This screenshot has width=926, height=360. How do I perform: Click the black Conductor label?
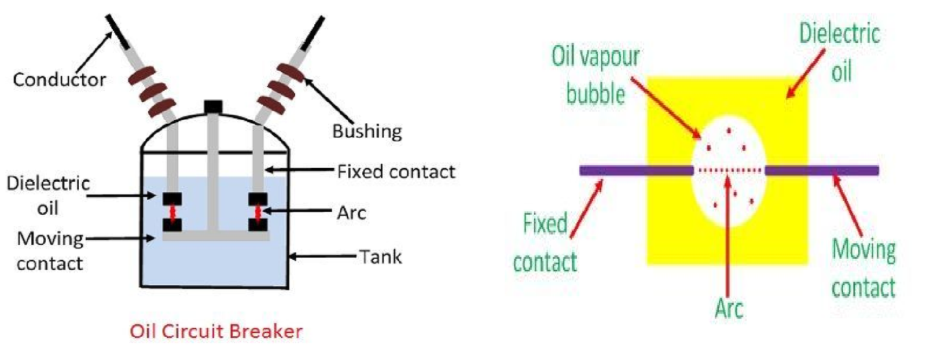(59, 79)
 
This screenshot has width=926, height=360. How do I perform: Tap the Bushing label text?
(366, 131)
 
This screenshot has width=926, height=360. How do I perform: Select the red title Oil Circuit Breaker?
(216, 332)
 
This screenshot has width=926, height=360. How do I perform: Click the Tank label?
(380, 256)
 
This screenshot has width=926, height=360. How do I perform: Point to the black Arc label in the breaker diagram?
(351, 212)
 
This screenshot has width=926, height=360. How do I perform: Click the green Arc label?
(729, 308)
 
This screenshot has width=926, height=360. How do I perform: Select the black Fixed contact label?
(396, 171)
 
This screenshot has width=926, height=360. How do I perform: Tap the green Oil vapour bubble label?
(596, 75)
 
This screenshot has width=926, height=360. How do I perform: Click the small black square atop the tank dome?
(213, 107)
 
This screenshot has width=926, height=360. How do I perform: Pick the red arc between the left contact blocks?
(172, 212)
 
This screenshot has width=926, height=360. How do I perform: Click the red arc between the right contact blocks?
(258, 212)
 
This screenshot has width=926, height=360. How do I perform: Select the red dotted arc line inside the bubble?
(729, 170)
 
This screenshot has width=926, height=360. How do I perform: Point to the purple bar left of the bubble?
(636, 170)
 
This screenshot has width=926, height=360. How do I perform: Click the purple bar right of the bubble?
(821, 170)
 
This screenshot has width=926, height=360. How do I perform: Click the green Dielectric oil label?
(840, 52)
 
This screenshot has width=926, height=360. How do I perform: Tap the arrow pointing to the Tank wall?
(322, 256)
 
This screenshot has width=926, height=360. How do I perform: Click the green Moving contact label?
(863, 268)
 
